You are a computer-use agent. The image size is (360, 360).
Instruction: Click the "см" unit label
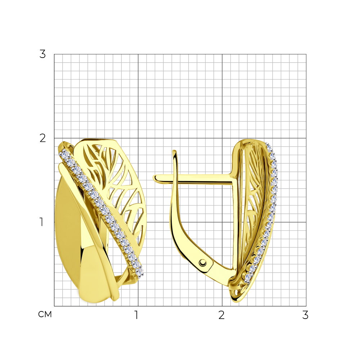(45, 314)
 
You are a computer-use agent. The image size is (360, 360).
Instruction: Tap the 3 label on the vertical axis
(42, 54)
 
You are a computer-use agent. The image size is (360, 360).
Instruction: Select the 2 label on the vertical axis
(43, 138)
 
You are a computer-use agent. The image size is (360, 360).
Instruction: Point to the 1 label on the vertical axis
(41, 222)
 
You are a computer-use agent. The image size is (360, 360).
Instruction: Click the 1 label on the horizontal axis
(136, 315)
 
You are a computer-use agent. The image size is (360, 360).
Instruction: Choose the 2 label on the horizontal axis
(221, 315)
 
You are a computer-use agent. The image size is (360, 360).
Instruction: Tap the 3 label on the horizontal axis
(305, 315)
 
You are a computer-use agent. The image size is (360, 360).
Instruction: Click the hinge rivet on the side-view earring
(202, 262)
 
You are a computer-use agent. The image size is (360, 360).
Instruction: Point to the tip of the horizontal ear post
(154, 178)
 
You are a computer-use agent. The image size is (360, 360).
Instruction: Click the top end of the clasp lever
(175, 151)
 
